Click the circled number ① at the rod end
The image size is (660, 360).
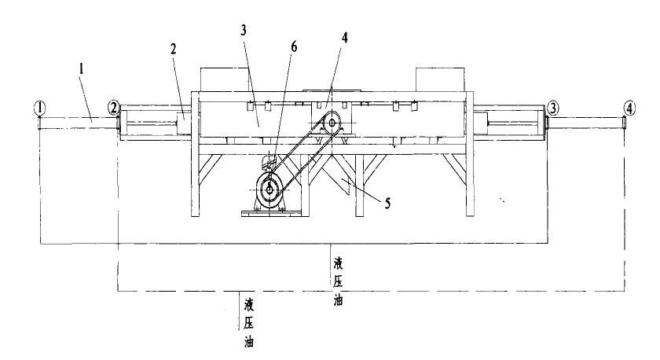point(39,106)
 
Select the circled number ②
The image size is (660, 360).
point(114,106)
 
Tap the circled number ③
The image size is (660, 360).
point(554,106)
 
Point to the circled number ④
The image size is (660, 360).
point(629,106)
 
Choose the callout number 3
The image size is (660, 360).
point(244,31)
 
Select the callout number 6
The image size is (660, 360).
point(294,47)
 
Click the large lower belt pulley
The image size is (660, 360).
point(270,189)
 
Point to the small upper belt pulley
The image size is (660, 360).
point(332,123)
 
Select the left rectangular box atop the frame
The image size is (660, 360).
point(225,79)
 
